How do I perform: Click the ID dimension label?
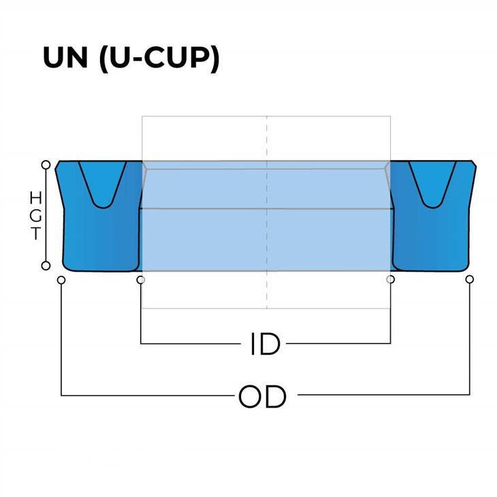(266, 344)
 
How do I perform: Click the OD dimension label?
(262, 396)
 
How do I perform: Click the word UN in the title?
(66, 59)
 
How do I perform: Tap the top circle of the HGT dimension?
(46, 165)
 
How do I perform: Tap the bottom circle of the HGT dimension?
(46, 266)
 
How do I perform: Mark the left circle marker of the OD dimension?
(61, 280)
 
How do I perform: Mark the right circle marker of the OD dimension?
(469, 280)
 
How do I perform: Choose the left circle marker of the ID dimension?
(140, 280)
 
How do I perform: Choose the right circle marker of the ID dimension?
(390, 280)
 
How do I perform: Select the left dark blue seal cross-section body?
(95, 238)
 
